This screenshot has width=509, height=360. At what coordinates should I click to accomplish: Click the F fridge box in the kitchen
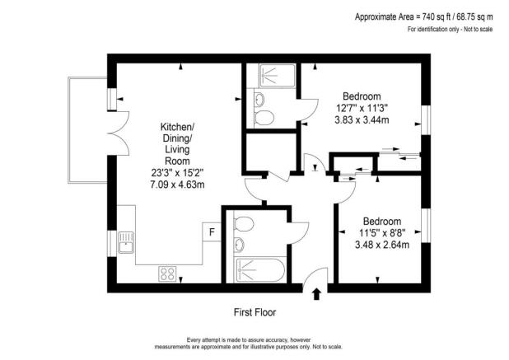pyautogui.click(x=212, y=233)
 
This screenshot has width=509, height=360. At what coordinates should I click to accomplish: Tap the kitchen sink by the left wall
pyautogui.click(x=127, y=243)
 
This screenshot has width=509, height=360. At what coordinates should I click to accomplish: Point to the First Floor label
pyautogui.click(x=254, y=312)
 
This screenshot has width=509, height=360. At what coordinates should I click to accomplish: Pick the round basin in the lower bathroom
pyautogui.click(x=238, y=245)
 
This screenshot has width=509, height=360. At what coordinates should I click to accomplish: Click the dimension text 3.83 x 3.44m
pyautogui.click(x=362, y=119)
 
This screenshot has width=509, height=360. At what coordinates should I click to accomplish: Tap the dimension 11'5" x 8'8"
pyautogui.click(x=382, y=233)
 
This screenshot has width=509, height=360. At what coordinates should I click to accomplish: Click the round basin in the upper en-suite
pyautogui.click(x=259, y=100)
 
